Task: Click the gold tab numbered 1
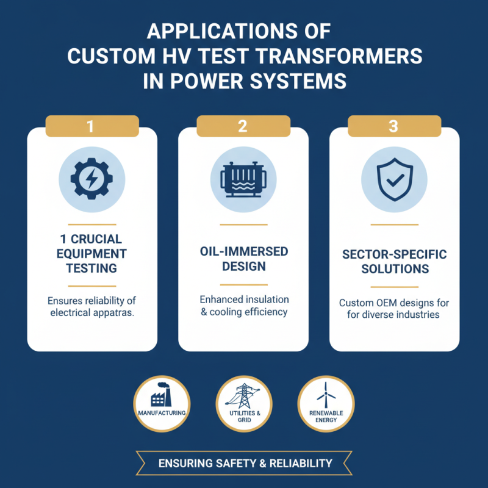tap(92, 126)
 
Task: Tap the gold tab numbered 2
tap(243, 126)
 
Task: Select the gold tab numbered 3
tap(394, 126)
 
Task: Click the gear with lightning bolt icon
tap(92, 179)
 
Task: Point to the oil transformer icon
tap(243, 179)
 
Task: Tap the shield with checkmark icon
tap(395, 179)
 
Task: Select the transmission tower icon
tap(243, 395)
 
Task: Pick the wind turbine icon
tap(326, 395)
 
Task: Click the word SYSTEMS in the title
tap(298, 81)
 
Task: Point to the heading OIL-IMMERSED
tap(244, 251)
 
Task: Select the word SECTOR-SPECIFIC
tap(395, 254)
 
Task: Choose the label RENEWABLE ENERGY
tap(326, 417)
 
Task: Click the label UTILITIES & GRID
tap(245, 417)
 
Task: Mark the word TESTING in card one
tap(91, 268)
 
